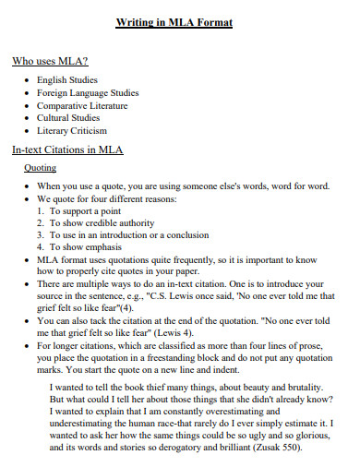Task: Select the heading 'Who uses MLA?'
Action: coord(50,62)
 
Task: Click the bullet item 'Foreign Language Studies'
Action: coord(88,93)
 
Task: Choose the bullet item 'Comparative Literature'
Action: coord(83,106)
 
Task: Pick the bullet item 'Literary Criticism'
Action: coord(72,131)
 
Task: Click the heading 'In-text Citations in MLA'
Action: coord(67,150)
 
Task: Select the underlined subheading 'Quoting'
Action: coord(40,168)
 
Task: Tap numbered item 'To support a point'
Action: coord(87,211)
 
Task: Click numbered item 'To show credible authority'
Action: coord(102,223)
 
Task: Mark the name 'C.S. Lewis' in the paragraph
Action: coord(198,298)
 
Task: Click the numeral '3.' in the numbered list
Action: coord(41,235)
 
